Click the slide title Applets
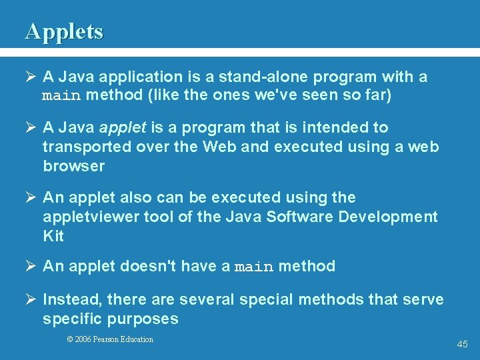click(x=64, y=31)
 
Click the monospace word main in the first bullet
click(x=61, y=95)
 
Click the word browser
click(x=74, y=166)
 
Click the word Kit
click(x=53, y=236)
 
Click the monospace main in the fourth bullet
click(x=255, y=267)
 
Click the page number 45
click(x=462, y=344)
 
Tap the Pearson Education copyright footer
click(x=110, y=339)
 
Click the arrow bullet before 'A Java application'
click(x=30, y=77)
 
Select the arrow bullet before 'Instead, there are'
click(x=30, y=299)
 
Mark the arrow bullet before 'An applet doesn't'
click(x=30, y=267)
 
